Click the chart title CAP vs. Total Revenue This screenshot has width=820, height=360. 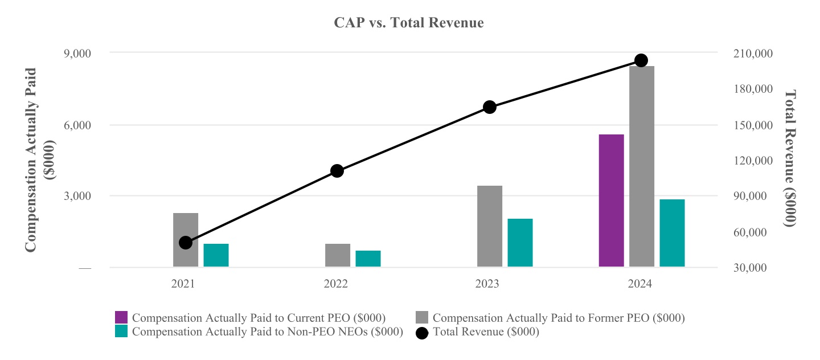pos(408,23)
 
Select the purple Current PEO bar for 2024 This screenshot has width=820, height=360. pos(611,201)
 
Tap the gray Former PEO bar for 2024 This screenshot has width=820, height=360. pos(642,166)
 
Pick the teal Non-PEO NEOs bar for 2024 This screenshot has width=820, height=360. pos(672,233)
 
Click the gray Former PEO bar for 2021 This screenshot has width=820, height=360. pos(186,240)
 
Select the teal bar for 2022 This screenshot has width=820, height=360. pos(368,259)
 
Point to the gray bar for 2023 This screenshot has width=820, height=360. pos(490,226)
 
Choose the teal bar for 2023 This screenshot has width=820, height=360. pos(520,243)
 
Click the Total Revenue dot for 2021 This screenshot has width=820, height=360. pos(186,243)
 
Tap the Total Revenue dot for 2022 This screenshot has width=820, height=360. pos(337,171)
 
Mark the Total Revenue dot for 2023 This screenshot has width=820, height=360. pos(490,107)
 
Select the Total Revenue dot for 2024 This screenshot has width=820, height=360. pos(641,60)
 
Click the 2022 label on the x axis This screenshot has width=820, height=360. pos(336,284)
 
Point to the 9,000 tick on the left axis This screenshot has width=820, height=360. pos(77,53)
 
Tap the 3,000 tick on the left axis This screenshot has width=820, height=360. pos(77,196)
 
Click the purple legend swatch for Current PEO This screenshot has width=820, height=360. pos(121,317)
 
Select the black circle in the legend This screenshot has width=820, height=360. pos(422,332)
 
